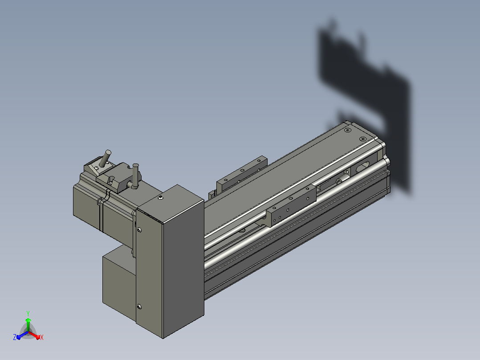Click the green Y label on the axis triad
pos(28,313)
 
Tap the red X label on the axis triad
pos(42,337)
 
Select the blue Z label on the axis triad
pos(15,337)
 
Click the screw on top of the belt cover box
pos(161,198)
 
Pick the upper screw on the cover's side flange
pos(139,230)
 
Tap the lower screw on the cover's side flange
pos(139,307)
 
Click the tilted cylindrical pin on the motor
pos(105,159)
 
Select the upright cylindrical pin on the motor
pos(135,176)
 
